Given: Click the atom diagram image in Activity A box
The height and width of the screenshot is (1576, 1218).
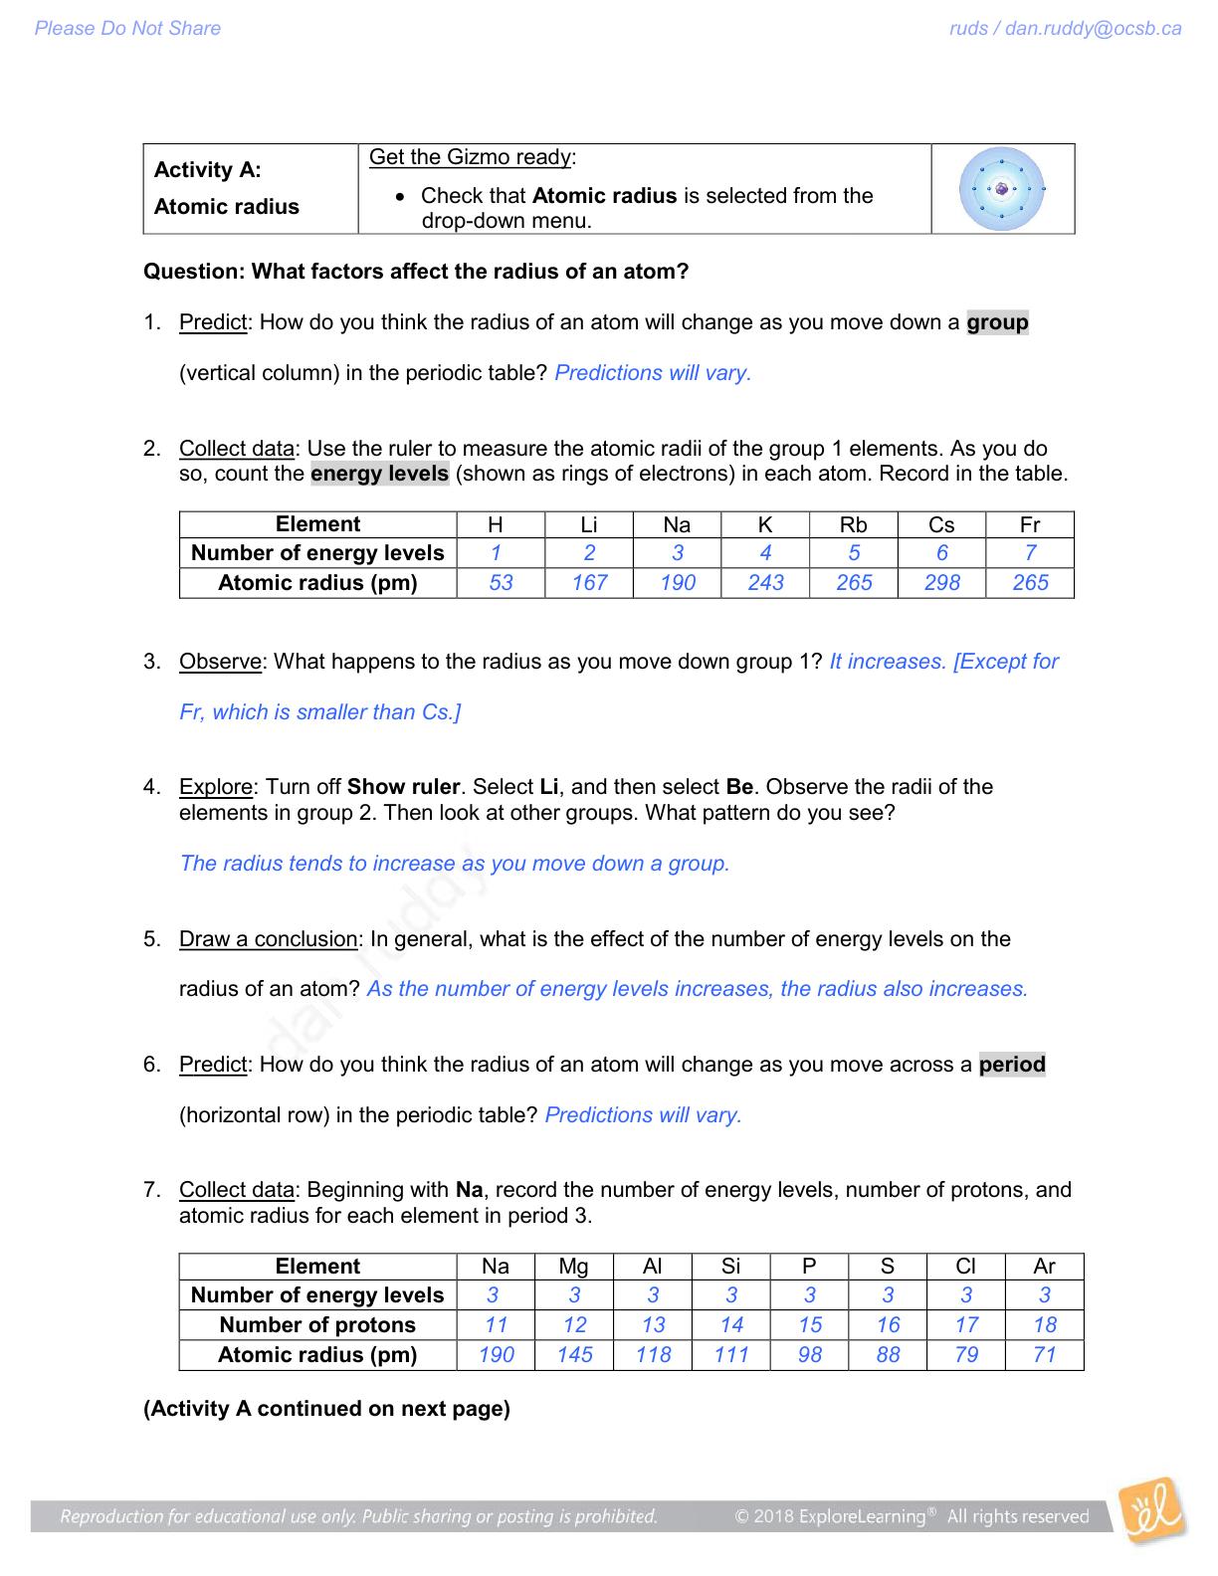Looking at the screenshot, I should [1001, 188].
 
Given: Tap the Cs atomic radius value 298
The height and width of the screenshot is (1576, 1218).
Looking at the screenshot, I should [941, 583].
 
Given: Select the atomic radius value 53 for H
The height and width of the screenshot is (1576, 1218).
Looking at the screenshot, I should [501, 583].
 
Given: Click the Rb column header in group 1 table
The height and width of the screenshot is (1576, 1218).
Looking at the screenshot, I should [853, 525].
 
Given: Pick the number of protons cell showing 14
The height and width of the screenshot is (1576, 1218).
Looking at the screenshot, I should [731, 1325].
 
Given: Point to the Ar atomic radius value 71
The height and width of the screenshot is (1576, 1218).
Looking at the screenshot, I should [1044, 1355].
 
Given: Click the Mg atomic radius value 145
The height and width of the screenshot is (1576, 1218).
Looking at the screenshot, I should [574, 1355].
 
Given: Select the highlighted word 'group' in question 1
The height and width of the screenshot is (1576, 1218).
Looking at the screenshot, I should [997, 322].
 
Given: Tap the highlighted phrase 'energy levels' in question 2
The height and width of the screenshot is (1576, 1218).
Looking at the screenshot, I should [379, 474].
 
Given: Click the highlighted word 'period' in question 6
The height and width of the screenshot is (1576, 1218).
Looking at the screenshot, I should [1012, 1065].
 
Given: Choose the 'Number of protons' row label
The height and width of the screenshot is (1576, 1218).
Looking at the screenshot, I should [317, 1325].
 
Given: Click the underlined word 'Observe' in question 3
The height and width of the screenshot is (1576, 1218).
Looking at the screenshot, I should [221, 662].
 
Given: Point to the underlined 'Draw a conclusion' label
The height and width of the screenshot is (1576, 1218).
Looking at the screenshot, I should [268, 939].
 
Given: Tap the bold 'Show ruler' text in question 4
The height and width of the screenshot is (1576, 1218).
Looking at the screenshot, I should [403, 787].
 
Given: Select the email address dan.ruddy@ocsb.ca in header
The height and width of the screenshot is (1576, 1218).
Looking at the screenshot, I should [1093, 29].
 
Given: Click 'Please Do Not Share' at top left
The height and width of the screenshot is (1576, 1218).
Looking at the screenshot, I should [127, 29].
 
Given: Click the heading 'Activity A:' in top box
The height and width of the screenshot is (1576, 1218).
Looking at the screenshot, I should [208, 170].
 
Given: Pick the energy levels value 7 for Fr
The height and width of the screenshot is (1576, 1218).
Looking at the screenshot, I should [1030, 553].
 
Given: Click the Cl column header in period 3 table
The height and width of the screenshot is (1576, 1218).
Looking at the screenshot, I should [965, 1267].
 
